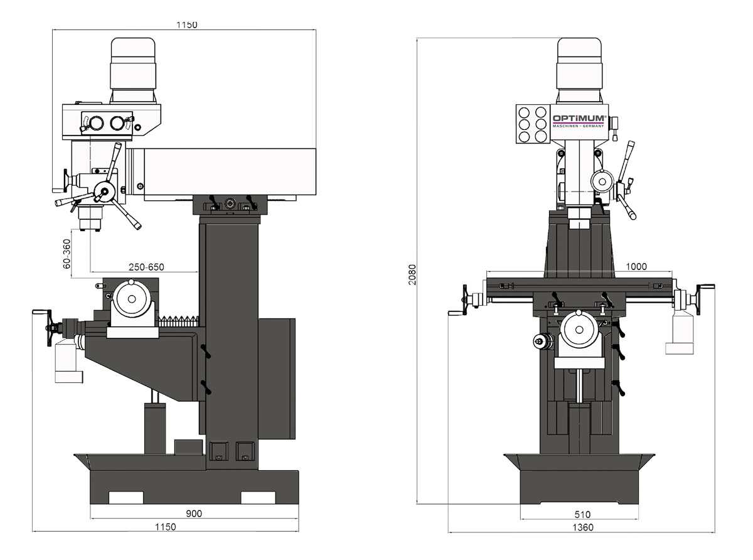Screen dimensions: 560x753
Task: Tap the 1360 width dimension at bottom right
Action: [582, 527]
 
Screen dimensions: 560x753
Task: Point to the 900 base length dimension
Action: [194, 514]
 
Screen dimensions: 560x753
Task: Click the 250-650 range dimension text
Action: [146, 267]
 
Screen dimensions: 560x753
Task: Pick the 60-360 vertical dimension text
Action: [66, 252]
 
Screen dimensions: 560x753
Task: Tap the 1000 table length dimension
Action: [636, 266]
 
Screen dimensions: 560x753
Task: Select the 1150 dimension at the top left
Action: [187, 25]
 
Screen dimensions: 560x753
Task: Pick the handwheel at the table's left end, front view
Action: [465, 299]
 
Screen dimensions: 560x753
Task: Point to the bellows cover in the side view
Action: [179, 321]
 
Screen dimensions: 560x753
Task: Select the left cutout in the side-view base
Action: [126, 498]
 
